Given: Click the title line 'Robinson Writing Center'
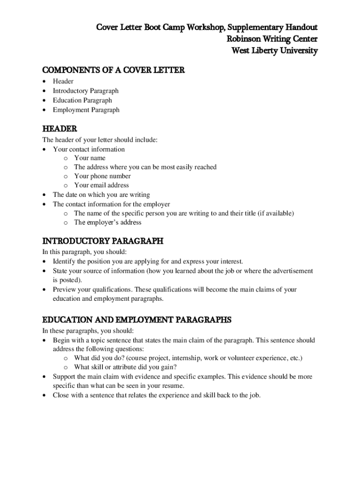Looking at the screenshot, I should tap(272, 38).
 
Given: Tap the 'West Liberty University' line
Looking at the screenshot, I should tap(274, 51).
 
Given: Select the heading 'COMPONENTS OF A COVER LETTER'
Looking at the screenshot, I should tap(114, 70).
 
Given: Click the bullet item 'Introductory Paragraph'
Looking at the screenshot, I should tap(86, 91).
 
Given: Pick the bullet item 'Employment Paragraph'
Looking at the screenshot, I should tap(86, 110).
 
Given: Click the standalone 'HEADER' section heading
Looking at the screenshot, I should tap(59, 129).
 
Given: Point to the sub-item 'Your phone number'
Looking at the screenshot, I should tap(102, 176).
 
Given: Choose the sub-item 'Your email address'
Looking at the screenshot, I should tap(101, 185).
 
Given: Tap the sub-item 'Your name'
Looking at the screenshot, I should tap(90, 158).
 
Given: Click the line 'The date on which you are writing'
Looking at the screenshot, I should tap(101, 195).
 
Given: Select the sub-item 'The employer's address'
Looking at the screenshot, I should tap(108, 222).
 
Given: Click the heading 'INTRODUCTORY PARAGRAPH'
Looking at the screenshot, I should tap(103, 241).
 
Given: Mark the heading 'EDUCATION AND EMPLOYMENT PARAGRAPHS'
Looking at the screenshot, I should tap(137, 320).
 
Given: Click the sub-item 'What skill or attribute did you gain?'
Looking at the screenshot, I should tap(125, 367).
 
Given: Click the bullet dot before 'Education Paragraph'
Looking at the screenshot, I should tap(44, 101).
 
